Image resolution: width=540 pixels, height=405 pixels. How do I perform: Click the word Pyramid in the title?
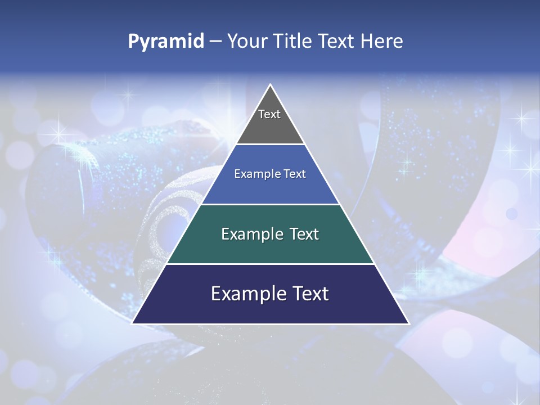[x=165, y=42]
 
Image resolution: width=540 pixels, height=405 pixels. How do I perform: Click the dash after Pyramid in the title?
[x=215, y=42]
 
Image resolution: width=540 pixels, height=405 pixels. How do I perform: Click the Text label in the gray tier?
[x=269, y=114]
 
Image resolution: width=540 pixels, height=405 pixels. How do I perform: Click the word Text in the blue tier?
[x=295, y=174]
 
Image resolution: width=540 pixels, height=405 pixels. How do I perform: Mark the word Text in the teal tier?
[x=304, y=234]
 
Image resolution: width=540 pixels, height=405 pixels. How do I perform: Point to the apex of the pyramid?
[x=270, y=85]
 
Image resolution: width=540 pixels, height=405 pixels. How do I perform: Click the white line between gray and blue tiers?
[x=270, y=144]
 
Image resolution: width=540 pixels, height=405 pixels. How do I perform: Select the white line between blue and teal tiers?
[x=270, y=204]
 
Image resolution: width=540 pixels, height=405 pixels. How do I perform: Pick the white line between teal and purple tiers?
[x=270, y=264]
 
